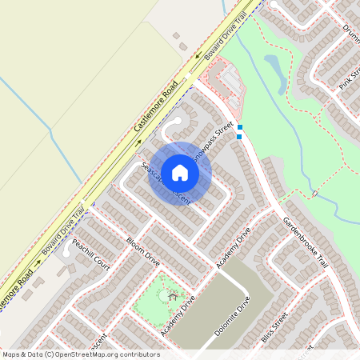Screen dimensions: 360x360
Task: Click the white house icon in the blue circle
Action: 180,172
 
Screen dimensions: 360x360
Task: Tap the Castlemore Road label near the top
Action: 156,103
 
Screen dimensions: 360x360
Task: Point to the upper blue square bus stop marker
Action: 239,127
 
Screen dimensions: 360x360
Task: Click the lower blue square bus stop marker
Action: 239,136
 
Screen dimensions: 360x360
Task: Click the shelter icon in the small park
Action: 172,296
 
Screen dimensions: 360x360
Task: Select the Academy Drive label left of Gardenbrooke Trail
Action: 234,247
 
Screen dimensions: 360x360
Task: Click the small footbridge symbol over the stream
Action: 316,194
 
